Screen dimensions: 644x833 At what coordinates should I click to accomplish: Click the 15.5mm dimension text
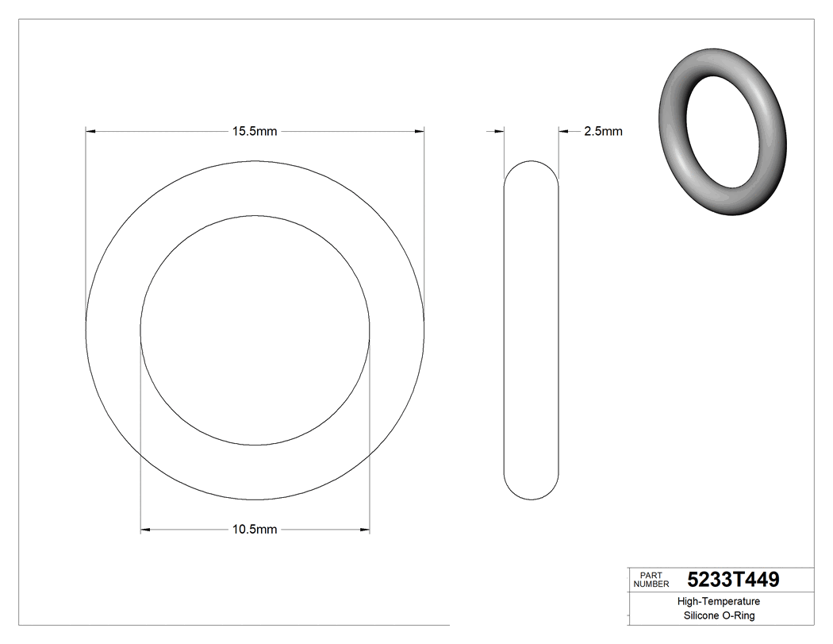tap(254, 131)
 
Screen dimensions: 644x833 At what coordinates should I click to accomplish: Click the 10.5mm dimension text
tap(254, 530)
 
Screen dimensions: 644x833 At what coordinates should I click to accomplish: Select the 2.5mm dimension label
tap(603, 131)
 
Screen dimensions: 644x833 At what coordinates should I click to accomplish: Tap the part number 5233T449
tap(733, 579)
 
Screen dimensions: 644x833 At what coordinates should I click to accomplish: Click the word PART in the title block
tap(650, 575)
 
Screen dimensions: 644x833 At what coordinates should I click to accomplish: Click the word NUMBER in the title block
tap(651, 584)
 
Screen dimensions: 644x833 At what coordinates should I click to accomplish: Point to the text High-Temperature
tap(720, 602)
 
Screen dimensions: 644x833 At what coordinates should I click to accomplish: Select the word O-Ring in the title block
tap(739, 616)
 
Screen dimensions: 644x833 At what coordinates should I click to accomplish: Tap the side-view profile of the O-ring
tap(531, 330)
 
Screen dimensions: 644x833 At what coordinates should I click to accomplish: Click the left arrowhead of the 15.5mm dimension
tap(90, 130)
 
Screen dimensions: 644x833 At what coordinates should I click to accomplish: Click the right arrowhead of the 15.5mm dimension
tap(419, 130)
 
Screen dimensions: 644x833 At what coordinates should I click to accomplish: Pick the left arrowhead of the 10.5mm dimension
tap(146, 529)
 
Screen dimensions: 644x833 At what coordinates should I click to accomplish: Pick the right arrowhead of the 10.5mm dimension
tap(365, 529)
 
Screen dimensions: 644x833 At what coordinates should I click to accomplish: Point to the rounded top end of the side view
tap(531, 166)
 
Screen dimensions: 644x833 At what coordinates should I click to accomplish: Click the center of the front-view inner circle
tap(255, 330)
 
